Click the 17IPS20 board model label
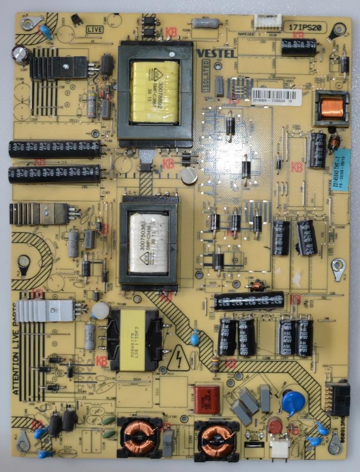coord(305,28)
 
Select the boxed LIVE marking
coord(95,30)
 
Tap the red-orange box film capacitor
coord(206,399)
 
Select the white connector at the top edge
coord(268,21)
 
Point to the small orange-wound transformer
coord(332,108)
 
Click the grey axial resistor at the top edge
coord(205,22)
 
